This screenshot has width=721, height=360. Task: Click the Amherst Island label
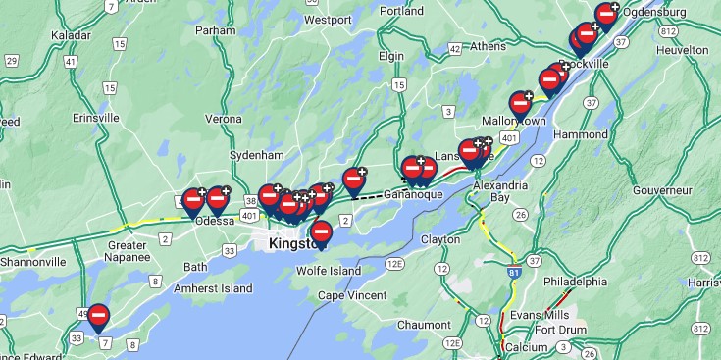pos(213,288)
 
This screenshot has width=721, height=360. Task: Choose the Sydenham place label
pos(256,155)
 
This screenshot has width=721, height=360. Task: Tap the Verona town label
pos(223,119)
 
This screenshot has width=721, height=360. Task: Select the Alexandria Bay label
pos(500,190)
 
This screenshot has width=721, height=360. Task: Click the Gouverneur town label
pos(663,189)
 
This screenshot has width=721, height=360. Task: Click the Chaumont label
pos(424,325)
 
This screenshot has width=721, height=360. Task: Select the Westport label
pos(328,19)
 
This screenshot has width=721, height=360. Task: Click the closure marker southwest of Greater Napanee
pos(98,316)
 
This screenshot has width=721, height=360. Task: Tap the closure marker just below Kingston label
pos(321,232)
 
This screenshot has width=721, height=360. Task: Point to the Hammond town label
pos(581,133)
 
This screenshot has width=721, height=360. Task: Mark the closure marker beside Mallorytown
pos(520,103)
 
